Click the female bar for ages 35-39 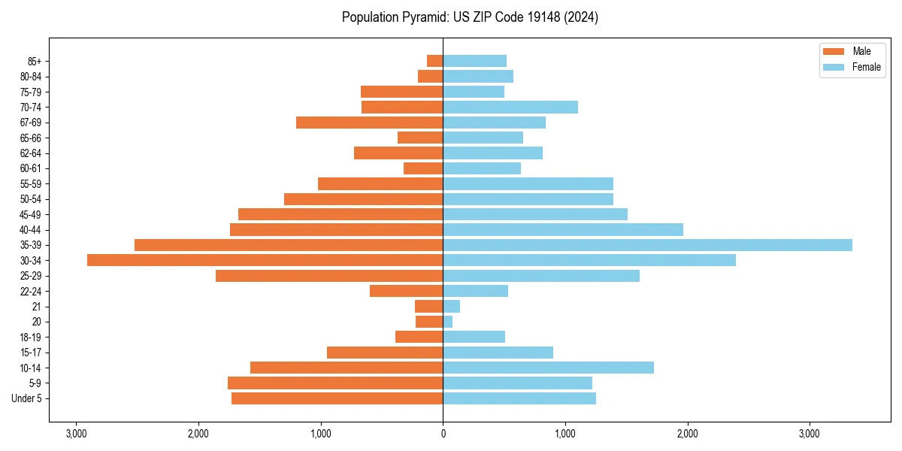(647, 245)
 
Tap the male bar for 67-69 (369, 123)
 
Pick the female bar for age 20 (447, 322)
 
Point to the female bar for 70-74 (510, 107)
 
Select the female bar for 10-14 (548, 368)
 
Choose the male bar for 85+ (434, 61)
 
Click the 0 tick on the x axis (443, 434)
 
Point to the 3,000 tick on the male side (76, 434)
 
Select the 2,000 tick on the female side (687, 434)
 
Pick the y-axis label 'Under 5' (27, 398)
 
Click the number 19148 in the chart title (537, 17)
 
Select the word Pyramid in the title (420, 17)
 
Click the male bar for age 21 (428, 307)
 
